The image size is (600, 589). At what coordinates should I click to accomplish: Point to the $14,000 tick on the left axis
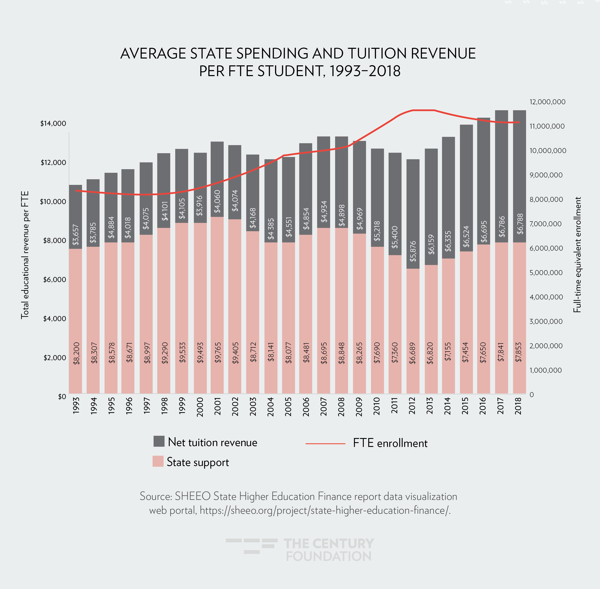click(53, 123)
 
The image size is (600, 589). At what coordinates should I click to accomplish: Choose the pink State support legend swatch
click(158, 461)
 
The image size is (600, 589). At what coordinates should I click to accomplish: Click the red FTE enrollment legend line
click(325, 444)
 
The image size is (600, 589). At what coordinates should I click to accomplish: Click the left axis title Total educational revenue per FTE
click(25, 255)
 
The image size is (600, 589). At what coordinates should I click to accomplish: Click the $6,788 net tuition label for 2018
click(520, 224)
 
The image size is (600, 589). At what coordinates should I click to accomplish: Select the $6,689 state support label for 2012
click(413, 353)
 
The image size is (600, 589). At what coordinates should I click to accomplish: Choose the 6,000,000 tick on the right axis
click(546, 248)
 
